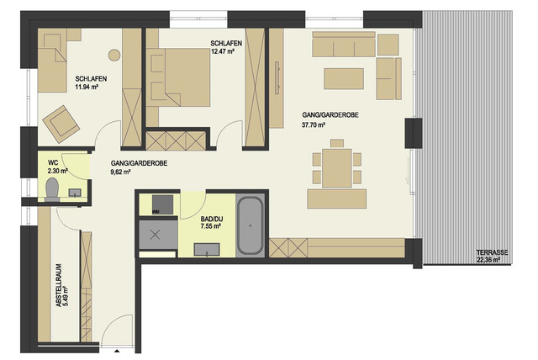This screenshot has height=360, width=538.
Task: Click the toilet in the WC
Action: [52, 189]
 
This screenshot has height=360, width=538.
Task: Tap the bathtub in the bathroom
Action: [251, 225]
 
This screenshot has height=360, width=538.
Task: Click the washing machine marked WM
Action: [162, 204]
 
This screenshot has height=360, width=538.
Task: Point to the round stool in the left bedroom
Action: [114, 55]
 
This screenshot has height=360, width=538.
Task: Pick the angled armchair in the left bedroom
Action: [61, 124]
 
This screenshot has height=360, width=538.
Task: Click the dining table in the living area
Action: [337, 168]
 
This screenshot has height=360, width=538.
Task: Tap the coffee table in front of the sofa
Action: [344, 78]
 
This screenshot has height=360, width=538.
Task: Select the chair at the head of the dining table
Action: [337, 143]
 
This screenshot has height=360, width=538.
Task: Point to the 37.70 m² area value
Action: [314, 125]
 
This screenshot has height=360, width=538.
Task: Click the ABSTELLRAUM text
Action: [59, 285]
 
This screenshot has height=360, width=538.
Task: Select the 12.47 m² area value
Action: [223, 51]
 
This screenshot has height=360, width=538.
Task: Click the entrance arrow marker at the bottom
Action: [117, 351]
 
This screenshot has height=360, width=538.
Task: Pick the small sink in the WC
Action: [75, 193]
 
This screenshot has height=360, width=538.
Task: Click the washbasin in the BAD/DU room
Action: [207, 250]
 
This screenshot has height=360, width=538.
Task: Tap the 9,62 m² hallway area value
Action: [120, 172]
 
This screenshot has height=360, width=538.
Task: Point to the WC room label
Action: [53, 162]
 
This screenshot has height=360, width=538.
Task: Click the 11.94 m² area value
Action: [87, 87]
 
